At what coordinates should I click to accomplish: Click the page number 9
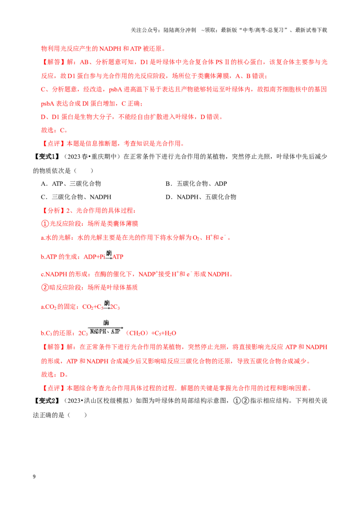click(x=34, y=477)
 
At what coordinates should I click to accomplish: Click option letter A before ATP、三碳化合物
click(x=44, y=184)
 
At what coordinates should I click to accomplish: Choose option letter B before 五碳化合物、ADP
click(x=168, y=184)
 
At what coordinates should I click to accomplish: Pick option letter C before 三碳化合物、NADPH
click(x=44, y=197)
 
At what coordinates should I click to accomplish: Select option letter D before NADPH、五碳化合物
click(x=168, y=197)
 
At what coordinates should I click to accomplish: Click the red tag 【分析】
click(x=53, y=210)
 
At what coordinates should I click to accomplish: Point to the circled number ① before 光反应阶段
click(x=45, y=223)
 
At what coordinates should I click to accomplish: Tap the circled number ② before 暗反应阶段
click(x=45, y=287)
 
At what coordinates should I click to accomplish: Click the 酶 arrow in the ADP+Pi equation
click(x=109, y=255)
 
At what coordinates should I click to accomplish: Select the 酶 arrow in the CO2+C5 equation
click(x=107, y=305)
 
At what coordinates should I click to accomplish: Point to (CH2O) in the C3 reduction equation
click(x=137, y=333)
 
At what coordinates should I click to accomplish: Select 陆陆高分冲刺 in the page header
click(x=180, y=30)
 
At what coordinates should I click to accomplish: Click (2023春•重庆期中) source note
click(x=92, y=156)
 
